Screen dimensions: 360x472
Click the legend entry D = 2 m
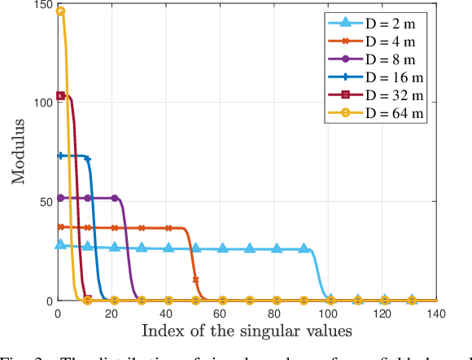coord(391,20)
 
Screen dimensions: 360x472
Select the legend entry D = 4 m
coord(391,39)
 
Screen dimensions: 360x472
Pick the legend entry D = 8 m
coord(391,59)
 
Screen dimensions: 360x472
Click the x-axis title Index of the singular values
coord(247,331)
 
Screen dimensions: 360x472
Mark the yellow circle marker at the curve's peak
coord(60,11)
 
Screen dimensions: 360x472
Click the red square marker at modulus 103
coord(60,96)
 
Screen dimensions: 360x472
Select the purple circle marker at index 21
coord(115,198)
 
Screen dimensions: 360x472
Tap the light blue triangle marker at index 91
coord(304,248)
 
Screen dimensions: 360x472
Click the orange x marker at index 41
coord(168,228)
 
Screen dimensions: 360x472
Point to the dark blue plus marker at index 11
coord(87,159)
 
